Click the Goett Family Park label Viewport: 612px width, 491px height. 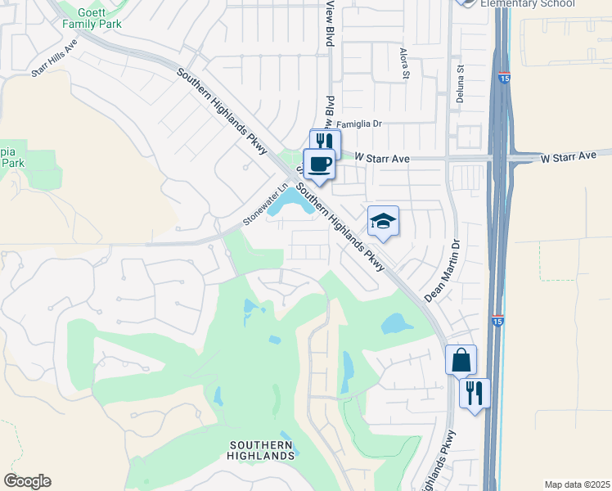coord(92,18)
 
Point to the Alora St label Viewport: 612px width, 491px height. coord(405,63)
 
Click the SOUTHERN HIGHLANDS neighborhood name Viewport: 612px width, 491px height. coord(261,449)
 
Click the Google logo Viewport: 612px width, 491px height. coord(27,481)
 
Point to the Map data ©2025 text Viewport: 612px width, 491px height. coord(576,484)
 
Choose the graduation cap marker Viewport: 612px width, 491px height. coord(383,221)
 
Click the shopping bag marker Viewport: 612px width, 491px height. coord(461,359)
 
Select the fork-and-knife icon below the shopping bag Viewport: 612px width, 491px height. coord(475,394)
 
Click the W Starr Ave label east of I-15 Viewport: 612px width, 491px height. coord(569,155)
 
